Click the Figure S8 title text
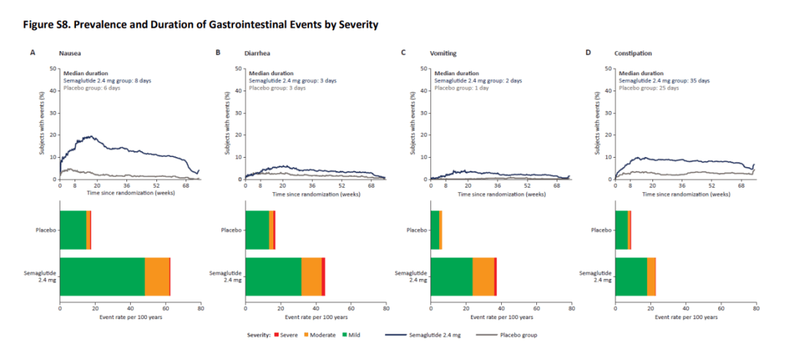(x=200, y=25)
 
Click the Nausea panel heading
(x=67, y=53)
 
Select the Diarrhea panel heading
(x=255, y=53)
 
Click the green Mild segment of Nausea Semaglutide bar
(x=102, y=277)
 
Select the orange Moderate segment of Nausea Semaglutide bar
(x=157, y=277)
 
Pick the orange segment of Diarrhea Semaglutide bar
(x=311, y=277)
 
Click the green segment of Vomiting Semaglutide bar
(x=452, y=277)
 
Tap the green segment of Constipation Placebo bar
(x=622, y=230)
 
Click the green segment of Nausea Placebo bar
(x=73, y=230)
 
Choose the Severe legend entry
(x=287, y=335)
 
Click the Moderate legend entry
(x=319, y=335)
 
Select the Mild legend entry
(x=351, y=335)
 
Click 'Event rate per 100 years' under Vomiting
(x=501, y=318)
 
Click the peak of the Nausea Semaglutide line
(x=91, y=136)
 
